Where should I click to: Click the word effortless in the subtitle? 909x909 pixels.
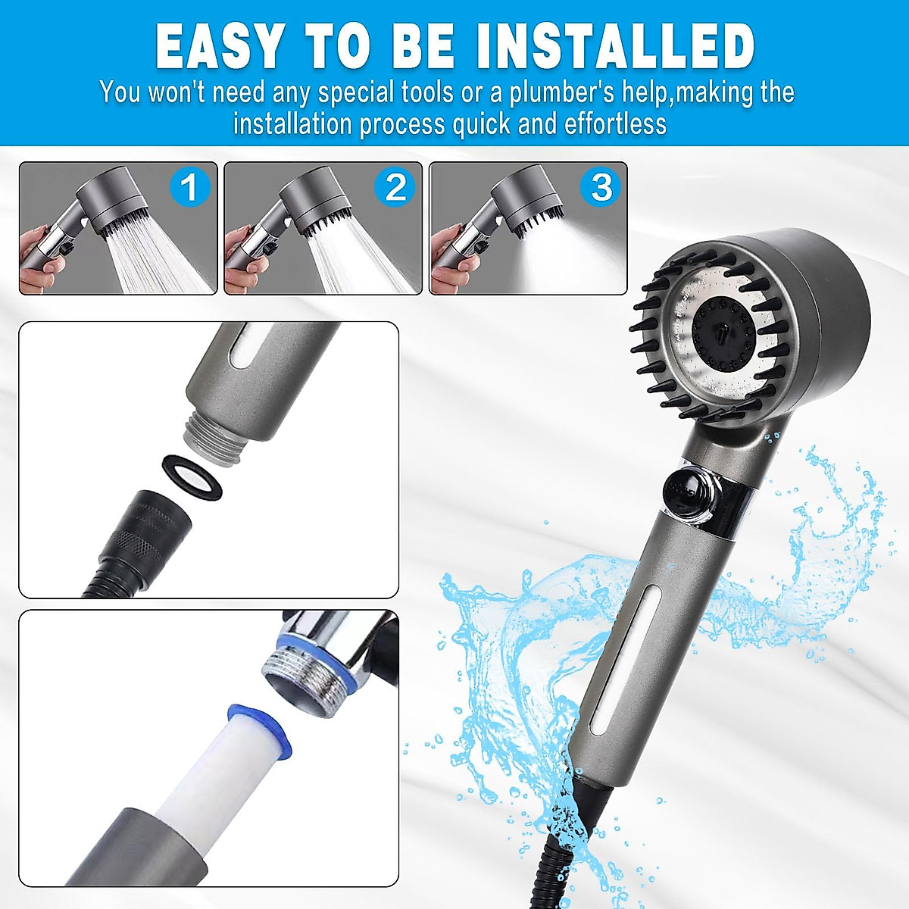(x=615, y=123)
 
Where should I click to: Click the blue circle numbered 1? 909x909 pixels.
(x=189, y=187)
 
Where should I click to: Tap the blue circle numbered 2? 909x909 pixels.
(x=395, y=187)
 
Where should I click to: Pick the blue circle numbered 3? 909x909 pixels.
(x=601, y=187)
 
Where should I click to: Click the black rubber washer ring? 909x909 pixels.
(x=194, y=477)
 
